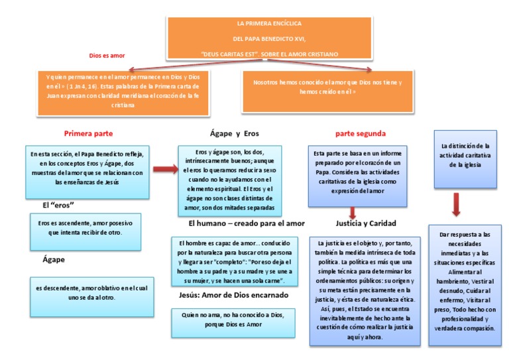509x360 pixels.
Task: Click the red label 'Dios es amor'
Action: click(107, 56)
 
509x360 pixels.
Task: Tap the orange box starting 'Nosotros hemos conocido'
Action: click(331, 87)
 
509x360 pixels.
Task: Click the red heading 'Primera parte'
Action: click(87, 133)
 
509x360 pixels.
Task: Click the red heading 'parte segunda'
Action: click(360, 133)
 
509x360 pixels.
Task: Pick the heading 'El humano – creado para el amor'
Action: click(247, 223)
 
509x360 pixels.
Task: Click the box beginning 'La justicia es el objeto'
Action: click(365, 290)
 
